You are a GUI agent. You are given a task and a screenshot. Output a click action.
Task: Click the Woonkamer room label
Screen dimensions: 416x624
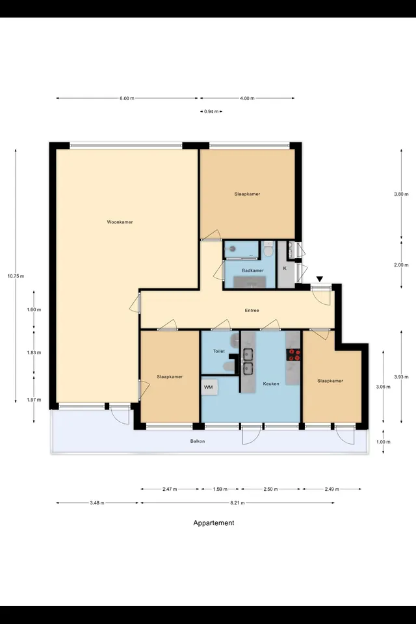[x=120, y=222]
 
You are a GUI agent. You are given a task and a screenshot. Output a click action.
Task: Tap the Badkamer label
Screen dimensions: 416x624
[x=253, y=270]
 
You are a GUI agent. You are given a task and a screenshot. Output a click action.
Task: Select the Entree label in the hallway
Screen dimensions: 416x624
[x=252, y=311]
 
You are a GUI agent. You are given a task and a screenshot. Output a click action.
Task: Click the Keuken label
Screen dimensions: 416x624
[x=271, y=384]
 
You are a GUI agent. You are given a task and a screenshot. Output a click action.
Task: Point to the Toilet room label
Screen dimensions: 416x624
[x=219, y=352]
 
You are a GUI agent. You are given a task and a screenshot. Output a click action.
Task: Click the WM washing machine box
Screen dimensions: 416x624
[x=209, y=387]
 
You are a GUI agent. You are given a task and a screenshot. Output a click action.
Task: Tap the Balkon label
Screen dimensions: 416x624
[x=198, y=441]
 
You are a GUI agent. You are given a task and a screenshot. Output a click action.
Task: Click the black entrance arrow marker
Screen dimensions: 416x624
[x=320, y=279]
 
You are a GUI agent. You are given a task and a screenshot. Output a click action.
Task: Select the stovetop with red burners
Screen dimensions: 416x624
[x=294, y=355]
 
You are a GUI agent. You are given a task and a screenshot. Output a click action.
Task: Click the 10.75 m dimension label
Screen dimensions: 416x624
[x=16, y=276]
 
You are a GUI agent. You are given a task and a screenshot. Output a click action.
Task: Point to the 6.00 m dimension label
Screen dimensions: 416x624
[x=127, y=98]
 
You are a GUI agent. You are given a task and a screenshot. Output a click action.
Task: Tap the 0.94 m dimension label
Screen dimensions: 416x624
[x=211, y=112]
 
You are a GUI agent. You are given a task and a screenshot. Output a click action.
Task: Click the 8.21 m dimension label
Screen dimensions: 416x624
[x=238, y=503]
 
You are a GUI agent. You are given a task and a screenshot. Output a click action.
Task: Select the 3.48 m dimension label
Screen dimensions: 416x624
[x=97, y=503]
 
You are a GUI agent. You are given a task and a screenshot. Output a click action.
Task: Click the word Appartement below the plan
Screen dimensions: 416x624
[x=214, y=523]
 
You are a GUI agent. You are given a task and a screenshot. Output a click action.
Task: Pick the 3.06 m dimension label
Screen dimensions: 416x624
[x=383, y=387]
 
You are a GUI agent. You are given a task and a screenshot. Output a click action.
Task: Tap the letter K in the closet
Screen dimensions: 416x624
[x=285, y=268]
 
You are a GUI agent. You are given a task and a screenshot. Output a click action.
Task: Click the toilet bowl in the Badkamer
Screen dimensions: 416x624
[x=268, y=251]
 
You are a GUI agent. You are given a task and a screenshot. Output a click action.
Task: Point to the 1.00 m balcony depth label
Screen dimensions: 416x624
[x=383, y=442]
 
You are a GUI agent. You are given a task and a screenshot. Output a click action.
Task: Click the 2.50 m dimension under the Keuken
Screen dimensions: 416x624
[x=270, y=489]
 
